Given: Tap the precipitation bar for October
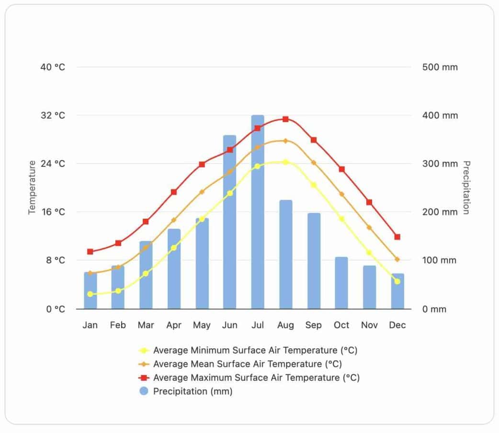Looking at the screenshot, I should pos(341,283).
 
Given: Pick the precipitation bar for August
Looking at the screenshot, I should pos(285,255).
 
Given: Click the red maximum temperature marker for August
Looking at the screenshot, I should pos(285,119).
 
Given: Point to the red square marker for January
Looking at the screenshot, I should pos(90,252).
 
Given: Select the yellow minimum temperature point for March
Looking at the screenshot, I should pos(146,273).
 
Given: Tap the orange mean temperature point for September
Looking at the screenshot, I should pos(314,163).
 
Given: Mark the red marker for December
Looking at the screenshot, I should pos(397,237).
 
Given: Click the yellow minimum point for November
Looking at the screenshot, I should pos(369,252).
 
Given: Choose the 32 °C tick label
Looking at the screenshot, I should pos(53,115).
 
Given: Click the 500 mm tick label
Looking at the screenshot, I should pos(440,67).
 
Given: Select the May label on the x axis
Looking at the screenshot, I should pos(202,325).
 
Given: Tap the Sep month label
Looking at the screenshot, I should pos(314,325).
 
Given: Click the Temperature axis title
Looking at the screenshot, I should pos(32,188).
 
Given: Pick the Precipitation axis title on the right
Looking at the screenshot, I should pos(466,188).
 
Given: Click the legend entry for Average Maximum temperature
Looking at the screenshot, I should pos(256,377).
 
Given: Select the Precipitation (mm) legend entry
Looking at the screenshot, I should pos(193,391).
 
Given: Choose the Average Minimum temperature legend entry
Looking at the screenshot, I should pos(255,350).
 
